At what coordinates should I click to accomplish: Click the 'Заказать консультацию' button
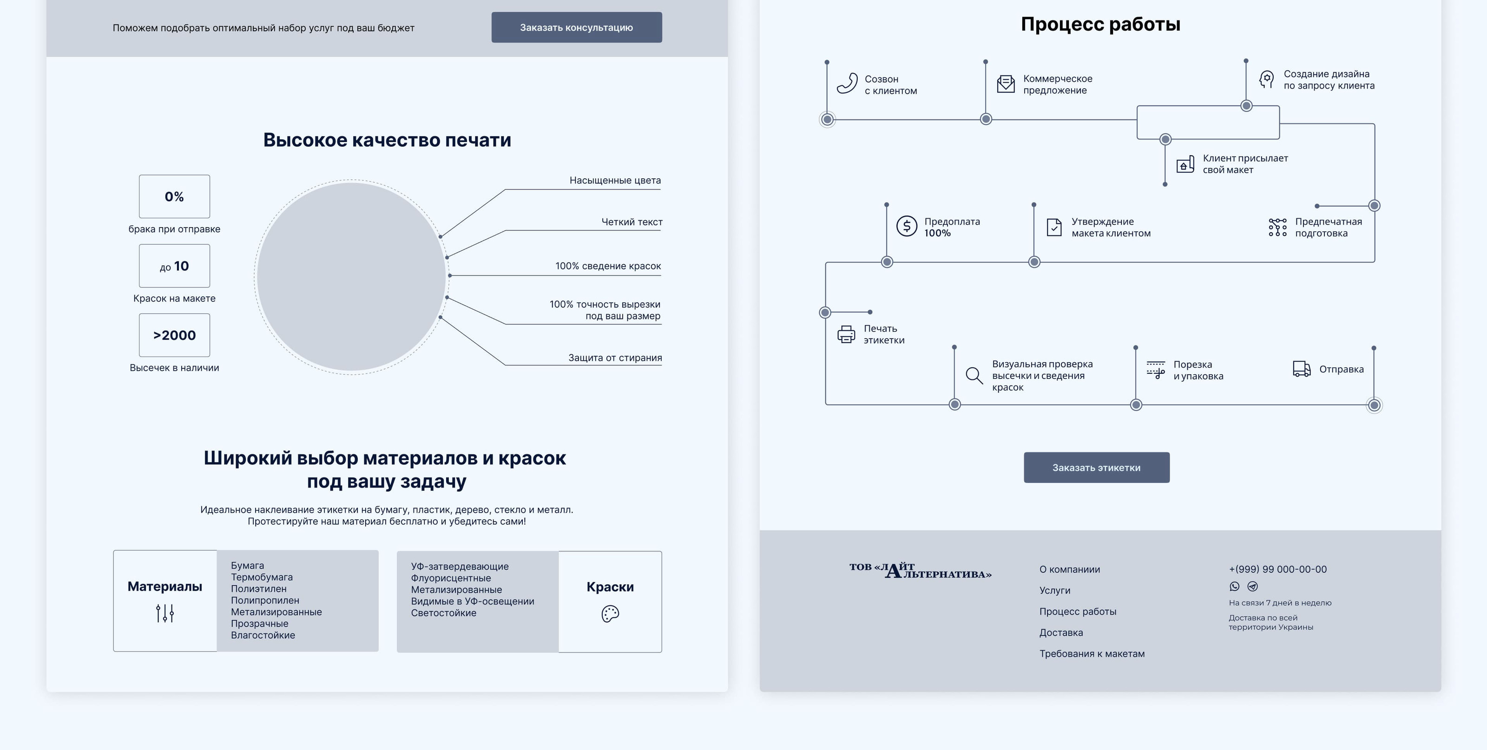coord(576,27)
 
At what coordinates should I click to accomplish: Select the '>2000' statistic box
coord(174,335)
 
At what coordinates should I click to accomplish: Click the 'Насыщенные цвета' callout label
coord(615,181)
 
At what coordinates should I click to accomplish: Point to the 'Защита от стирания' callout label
coord(615,358)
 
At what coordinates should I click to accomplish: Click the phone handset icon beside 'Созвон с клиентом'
coord(847,84)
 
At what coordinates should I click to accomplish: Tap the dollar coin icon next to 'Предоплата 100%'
coord(906,226)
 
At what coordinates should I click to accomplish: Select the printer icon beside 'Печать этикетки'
coord(846,334)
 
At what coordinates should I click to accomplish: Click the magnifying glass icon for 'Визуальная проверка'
coord(974,375)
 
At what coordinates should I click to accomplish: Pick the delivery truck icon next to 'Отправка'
coord(1302,369)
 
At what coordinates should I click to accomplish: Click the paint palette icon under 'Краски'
coord(610,614)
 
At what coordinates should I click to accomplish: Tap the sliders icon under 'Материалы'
coord(164,613)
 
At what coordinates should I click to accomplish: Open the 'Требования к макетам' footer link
coord(1092,654)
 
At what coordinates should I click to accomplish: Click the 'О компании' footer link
coord(1070,569)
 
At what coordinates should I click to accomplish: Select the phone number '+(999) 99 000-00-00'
coord(1277,569)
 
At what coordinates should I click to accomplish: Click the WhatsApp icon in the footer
coord(1234,586)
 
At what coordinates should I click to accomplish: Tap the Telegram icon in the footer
coord(1252,586)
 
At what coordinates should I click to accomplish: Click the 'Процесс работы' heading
coord(1100,24)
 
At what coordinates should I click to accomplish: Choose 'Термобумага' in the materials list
coord(262,577)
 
